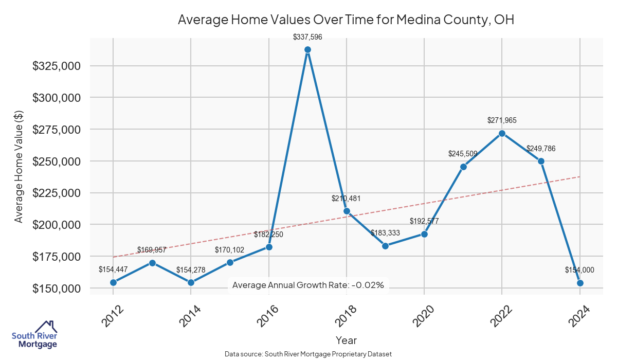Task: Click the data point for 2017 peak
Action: point(307,50)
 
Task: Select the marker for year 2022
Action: point(502,133)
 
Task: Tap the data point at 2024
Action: point(580,283)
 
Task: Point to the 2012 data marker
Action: point(113,282)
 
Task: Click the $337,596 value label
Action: point(307,37)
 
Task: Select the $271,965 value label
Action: point(502,120)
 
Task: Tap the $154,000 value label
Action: point(579,269)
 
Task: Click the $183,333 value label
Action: point(385,233)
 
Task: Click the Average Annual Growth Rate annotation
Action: point(308,285)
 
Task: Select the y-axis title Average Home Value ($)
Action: point(19,167)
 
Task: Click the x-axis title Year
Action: point(346,340)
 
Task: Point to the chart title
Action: point(346,20)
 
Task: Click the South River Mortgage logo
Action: point(34,335)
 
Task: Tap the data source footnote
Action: point(308,354)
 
